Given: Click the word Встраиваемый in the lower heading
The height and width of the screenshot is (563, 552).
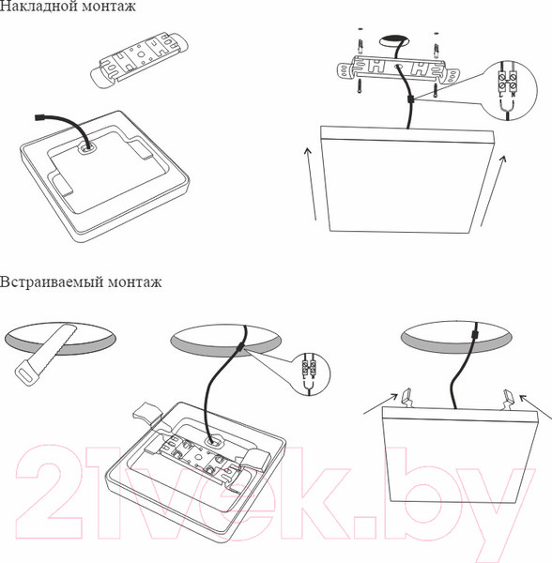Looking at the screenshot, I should click(x=41, y=281).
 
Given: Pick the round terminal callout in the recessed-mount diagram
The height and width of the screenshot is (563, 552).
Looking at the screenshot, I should click(x=311, y=374).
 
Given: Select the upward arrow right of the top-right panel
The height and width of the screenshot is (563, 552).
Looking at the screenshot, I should click(x=491, y=191).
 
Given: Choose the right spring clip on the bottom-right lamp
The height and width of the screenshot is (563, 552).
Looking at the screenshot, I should click(x=508, y=398).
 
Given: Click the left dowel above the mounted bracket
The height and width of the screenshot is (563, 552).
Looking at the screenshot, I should click(x=360, y=43).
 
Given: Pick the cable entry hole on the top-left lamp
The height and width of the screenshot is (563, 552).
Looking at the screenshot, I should click(x=87, y=146).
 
